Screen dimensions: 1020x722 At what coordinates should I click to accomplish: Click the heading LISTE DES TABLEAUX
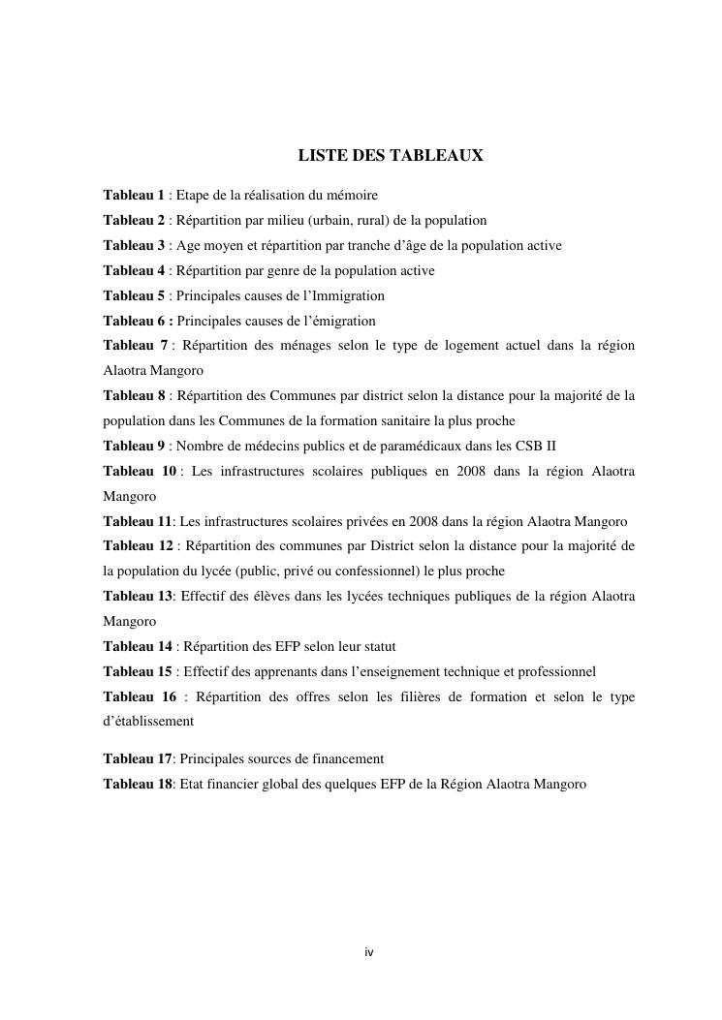point(390,156)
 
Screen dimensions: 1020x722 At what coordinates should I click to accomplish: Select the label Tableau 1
point(134,195)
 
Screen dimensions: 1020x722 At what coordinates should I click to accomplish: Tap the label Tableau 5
point(134,295)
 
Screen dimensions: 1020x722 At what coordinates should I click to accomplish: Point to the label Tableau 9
point(134,446)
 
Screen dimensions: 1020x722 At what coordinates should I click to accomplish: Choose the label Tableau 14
point(138,646)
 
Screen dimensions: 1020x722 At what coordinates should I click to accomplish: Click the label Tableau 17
point(138,758)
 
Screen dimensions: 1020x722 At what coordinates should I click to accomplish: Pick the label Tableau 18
point(138,784)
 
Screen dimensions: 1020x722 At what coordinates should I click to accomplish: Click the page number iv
point(368,952)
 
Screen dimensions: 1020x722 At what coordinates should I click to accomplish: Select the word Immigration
point(345,295)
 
